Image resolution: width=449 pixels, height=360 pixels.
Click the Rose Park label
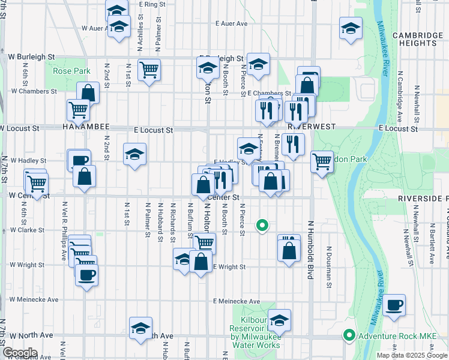click(x=71, y=71)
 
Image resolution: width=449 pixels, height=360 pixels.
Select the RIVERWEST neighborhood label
click(x=310, y=128)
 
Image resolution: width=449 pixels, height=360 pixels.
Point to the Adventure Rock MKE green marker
click(x=348, y=335)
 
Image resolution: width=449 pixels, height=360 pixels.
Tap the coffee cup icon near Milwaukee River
click(x=394, y=305)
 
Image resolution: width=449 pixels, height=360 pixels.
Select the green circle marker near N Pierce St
click(x=261, y=226)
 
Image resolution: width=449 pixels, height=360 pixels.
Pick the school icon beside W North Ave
click(x=140, y=328)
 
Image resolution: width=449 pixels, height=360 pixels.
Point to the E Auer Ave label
click(x=232, y=24)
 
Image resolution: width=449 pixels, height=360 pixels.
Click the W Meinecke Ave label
click(x=34, y=299)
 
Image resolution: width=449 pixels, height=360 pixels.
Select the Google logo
click(x=20, y=353)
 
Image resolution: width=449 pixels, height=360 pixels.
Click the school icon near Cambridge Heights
click(x=351, y=27)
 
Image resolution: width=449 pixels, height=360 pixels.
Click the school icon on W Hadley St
click(x=135, y=154)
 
